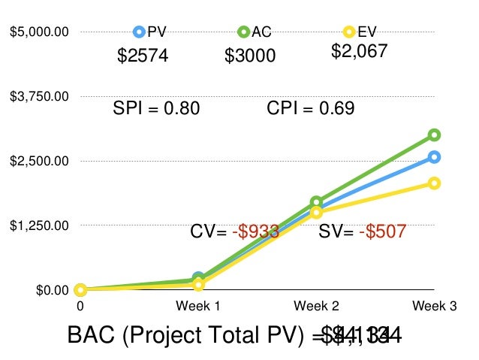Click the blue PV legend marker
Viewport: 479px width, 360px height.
(x=139, y=32)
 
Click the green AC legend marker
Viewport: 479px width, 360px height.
(x=243, y=32)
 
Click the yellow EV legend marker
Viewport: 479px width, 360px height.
(x=348, y=32)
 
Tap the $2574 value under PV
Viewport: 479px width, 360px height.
(x=143, y=56)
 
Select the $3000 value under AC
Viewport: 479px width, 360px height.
(x=250, y=56)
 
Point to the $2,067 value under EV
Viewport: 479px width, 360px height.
(x=360, y=51)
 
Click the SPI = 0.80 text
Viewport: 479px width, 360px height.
(x=156, y=108)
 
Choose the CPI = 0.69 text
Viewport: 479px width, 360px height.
(x=311, y=108)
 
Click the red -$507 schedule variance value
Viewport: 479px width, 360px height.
(x=383, y=231)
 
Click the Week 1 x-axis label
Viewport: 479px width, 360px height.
(x=197, y=306)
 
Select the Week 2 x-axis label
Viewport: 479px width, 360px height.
(x=316, y=306)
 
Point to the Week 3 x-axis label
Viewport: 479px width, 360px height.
(x=434, y=306)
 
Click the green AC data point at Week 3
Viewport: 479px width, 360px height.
(x=434, y=135)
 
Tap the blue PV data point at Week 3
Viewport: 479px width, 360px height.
(x=434, y=157)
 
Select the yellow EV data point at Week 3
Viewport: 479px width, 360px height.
(x=434, y=183)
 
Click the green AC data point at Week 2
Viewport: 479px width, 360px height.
(x=316, y=202)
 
